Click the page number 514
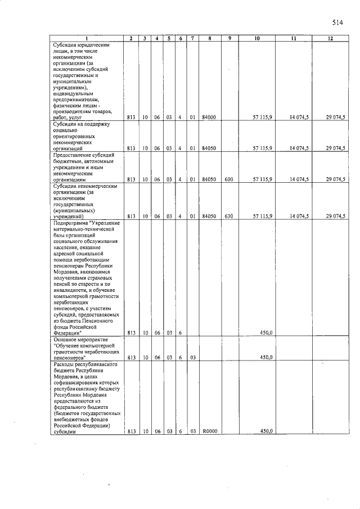coord(337,22)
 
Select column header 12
coord(330,38)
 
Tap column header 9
coord(230,38)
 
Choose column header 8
coord(209,38)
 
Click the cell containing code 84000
coord(209,118)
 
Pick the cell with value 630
coord(229,215)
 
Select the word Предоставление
coord(73,154)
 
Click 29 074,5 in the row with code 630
coord(335,215)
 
